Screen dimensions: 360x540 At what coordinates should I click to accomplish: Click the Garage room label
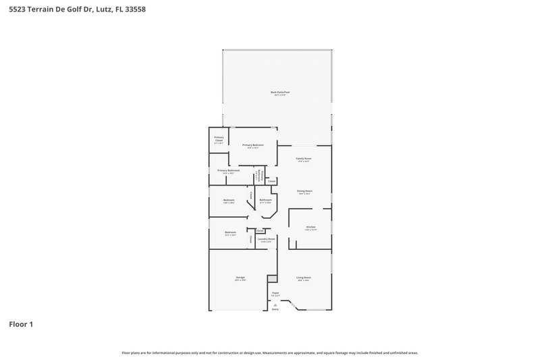240,278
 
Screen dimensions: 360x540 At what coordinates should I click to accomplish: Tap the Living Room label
304,278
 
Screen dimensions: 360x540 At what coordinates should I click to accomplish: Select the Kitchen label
310,227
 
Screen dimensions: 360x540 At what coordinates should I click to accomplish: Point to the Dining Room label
304,191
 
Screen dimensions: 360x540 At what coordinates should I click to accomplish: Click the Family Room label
304,158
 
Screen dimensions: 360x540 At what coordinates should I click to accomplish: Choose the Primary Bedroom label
253,145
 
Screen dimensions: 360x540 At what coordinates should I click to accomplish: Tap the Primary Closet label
219,138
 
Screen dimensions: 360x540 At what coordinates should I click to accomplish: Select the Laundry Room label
266,239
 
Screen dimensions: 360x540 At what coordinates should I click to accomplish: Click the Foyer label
275,293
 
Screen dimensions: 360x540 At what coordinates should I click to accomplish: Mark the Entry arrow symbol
275,305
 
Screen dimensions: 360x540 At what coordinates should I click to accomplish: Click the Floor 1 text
21,325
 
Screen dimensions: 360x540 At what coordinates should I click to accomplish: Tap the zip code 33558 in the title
134,9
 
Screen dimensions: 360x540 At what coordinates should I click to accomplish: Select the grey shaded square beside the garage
272,278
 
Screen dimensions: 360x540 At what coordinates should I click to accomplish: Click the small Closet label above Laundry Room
260,231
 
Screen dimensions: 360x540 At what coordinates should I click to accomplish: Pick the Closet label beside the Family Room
271,181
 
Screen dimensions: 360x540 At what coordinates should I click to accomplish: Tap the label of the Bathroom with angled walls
266,200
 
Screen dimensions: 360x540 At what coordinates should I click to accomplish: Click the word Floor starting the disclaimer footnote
126,353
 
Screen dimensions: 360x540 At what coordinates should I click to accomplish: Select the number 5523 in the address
18,9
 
